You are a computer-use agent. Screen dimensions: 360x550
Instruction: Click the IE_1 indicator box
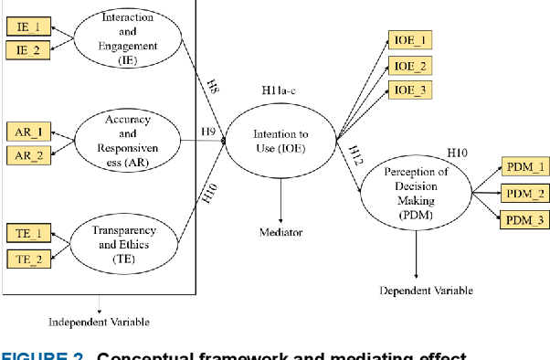(x=29, y=26)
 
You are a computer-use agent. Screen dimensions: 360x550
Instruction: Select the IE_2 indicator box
(x=29, y=50)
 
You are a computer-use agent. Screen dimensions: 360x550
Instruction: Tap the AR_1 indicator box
(x=29, y=132)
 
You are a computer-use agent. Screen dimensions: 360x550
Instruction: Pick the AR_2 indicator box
(x=29, y=155)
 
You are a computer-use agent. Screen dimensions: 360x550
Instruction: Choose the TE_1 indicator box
(x=29, y=235)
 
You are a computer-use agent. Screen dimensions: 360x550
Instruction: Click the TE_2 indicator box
(x=29, y=259)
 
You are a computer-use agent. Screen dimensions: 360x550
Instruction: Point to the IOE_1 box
(x=410, y=41)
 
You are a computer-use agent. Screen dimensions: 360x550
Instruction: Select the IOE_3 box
(x=410, y=90)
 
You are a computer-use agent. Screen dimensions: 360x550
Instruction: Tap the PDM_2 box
(x=525, y=193)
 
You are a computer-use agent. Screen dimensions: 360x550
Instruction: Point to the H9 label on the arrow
(x=208, y=132)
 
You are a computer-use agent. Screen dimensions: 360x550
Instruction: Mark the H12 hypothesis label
(x=354, y=155)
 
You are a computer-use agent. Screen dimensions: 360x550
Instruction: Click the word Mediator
(x=280, y=232)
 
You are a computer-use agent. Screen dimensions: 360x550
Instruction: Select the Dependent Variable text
(x=426, y=291)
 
